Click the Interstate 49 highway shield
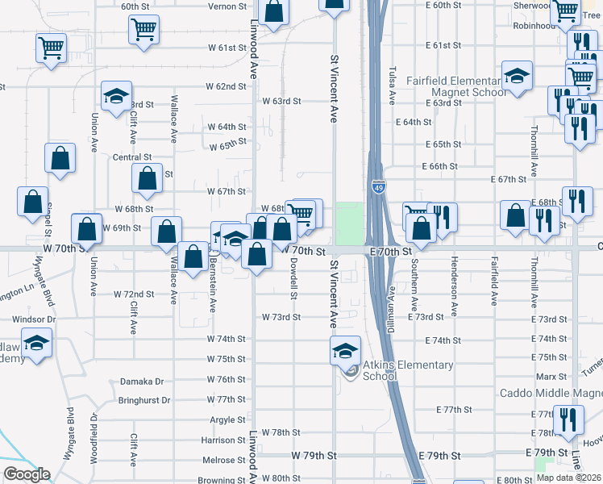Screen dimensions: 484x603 tap(378, 187)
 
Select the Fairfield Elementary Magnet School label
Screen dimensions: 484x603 tap(443, 86)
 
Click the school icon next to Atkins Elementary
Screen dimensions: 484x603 tap(345, 349)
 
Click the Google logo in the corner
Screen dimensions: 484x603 tap(27, 474)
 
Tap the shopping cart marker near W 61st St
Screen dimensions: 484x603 tap(51, 48)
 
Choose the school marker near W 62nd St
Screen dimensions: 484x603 tap(116, 95)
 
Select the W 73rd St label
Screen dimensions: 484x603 tap(281, 317)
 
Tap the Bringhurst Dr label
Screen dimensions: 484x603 tap(144, 400)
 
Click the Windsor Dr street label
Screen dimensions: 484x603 tap(34, 319)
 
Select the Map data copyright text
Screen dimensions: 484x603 tap(568, 478)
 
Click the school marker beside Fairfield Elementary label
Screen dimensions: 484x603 tap(517, 76)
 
